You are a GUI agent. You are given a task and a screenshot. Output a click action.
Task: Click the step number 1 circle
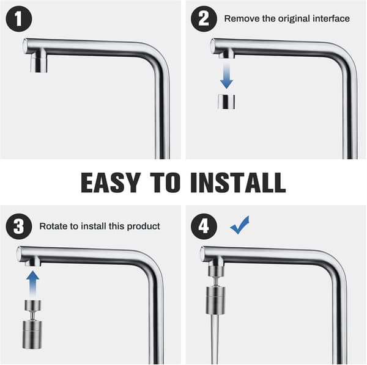tap(19, 19)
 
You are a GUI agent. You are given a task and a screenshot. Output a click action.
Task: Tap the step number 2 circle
tap(204, 19)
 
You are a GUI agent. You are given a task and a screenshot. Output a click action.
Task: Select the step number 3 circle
tap(19, 226)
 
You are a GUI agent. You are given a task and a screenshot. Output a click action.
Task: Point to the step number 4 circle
tap(204, 226)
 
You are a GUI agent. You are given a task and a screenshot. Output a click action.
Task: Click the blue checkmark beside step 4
tap(240, 226)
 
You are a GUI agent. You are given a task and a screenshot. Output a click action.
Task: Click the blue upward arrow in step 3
tap(33, 283)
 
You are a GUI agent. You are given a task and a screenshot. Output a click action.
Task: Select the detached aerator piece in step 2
tap(226, 102)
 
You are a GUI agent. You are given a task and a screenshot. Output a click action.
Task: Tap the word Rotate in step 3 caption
tap(54, 226)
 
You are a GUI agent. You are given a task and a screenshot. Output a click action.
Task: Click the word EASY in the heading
tap(111, 182)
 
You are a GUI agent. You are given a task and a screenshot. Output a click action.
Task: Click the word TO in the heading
tap(165, 182)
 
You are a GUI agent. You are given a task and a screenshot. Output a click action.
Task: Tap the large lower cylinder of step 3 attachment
tap(32, 335)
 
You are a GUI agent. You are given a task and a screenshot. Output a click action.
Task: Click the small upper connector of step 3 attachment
tap(33, 306)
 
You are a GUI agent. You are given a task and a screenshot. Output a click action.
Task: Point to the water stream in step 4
tap(215, 339)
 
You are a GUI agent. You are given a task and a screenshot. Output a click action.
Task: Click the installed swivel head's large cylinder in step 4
tap(215, 300)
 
